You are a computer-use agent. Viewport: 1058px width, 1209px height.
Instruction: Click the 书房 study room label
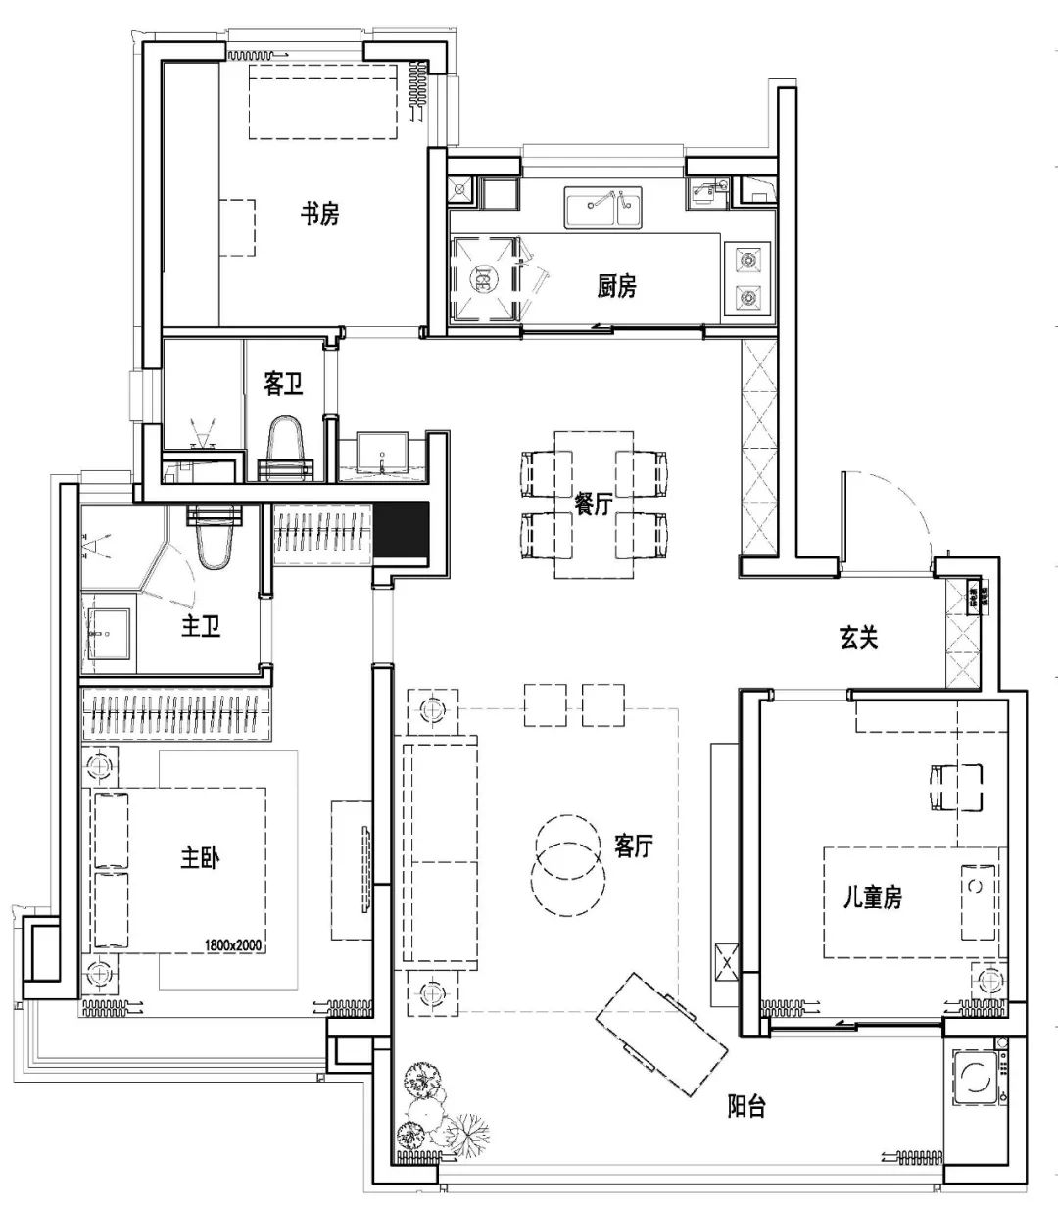319,214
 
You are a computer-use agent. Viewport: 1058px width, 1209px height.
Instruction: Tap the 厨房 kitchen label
616,286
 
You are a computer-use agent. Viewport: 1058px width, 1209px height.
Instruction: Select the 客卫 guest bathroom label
282,384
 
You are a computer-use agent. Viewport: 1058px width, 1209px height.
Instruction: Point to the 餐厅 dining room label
594,504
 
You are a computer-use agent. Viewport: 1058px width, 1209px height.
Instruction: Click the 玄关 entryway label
858,638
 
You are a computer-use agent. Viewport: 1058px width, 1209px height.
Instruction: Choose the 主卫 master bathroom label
201,626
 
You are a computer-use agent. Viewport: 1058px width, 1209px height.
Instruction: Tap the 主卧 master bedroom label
200,858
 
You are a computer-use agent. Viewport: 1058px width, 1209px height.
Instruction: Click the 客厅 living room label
634,846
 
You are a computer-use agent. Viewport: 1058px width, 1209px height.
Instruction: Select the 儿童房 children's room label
874,895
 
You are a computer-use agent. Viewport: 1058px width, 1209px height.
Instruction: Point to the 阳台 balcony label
746,1107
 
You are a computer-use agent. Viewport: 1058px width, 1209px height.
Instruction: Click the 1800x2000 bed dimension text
234,945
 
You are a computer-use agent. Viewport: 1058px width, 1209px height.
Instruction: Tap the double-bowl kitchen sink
602,205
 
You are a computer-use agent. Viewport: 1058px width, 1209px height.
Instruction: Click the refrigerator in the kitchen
483,278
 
